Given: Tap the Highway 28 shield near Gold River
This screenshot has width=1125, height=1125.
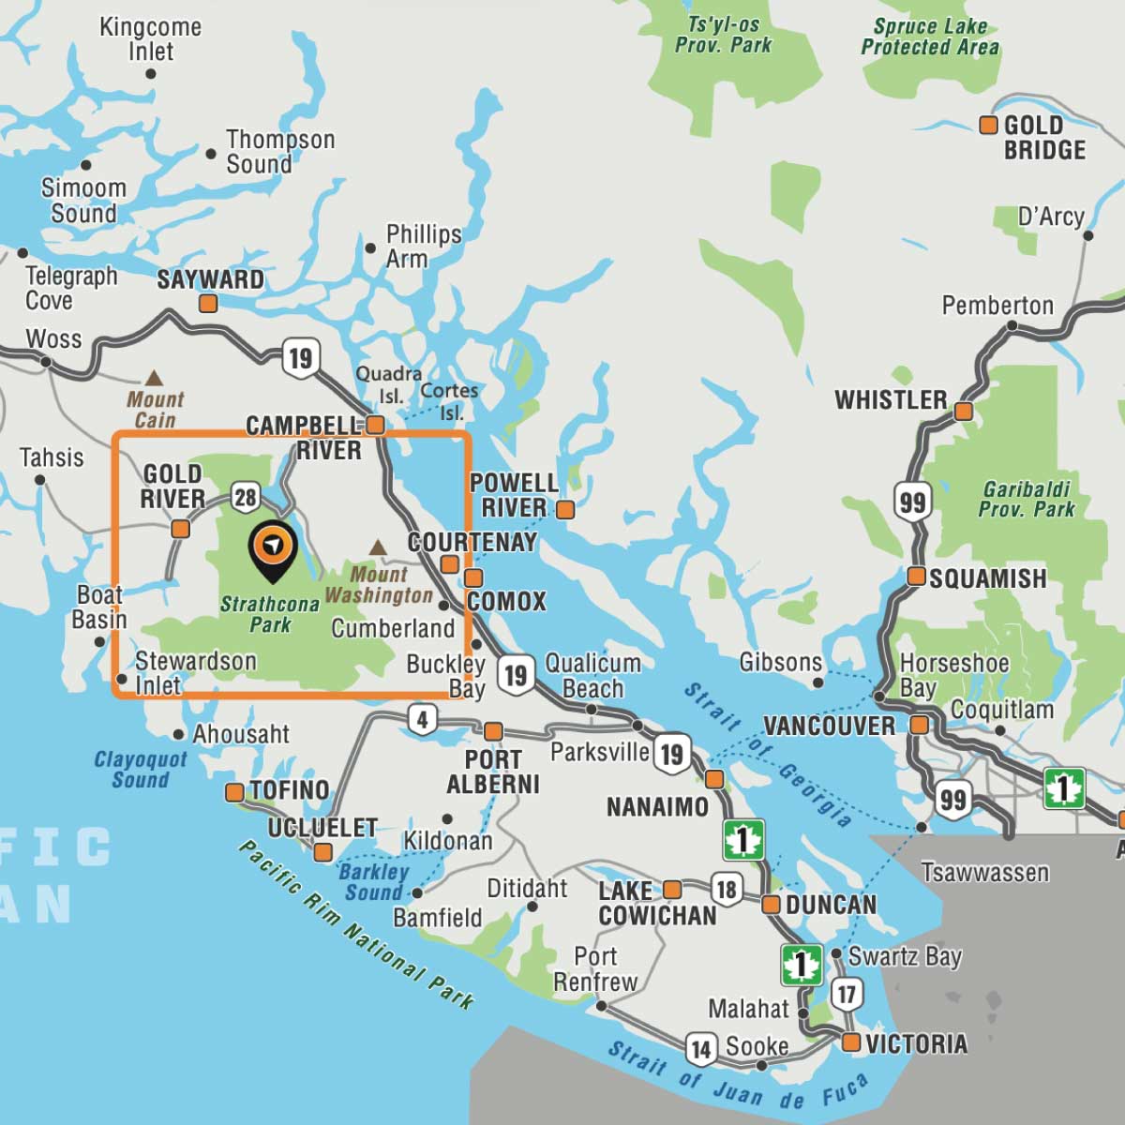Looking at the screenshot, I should pos(246,496).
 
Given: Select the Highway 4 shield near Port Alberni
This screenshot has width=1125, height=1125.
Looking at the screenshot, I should pos(423,719).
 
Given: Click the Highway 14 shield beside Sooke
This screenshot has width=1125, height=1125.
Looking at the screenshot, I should pos(701,1049).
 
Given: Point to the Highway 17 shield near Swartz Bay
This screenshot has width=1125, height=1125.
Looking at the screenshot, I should pos(847,994).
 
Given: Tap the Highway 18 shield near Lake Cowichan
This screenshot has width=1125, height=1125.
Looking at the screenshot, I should pos(727,888).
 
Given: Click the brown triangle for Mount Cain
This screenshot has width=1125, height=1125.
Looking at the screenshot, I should pos(153,378).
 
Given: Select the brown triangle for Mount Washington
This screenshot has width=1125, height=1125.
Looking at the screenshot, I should pos(378,547).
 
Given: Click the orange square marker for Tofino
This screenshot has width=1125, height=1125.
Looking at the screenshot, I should pos(234,793).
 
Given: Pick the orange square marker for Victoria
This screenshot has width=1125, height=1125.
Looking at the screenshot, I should pos(851,1042).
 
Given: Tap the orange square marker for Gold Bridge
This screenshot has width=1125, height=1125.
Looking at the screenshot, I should pos(988,125).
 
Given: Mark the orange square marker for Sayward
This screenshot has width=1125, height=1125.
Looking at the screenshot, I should pos(208,303).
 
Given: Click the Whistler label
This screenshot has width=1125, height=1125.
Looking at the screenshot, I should pos(891,399).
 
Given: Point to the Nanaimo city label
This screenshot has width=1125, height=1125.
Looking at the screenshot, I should pos(657,806).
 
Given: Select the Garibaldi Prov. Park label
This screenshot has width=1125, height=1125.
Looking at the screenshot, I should pos(1027,499).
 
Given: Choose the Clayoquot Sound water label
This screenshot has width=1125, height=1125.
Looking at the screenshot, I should pos(141,769).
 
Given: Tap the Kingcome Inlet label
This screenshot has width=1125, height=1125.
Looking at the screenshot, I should pos(150,38).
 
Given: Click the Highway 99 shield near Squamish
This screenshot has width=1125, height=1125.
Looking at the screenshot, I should pos(911,502).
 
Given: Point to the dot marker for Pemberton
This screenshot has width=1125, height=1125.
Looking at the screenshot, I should pos(1012,326).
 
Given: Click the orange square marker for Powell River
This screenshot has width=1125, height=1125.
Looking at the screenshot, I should pos(565,509).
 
